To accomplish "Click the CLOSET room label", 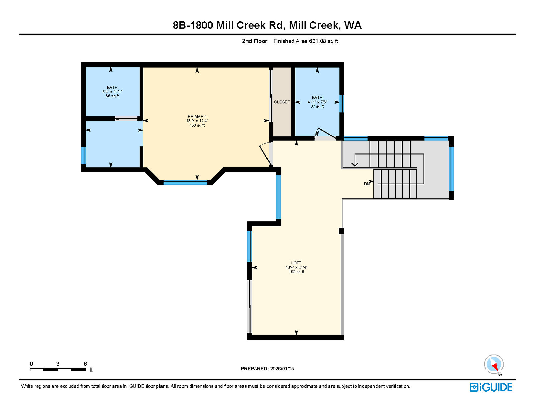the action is click(282, 102).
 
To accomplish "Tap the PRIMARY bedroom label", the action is click(197, 116).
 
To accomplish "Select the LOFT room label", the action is click(296, 263).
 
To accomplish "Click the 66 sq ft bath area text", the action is click(112, 96).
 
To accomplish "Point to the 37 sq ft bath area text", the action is click(317, 106).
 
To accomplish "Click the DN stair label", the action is click(367, 184).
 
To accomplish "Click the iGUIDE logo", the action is click(491, 387).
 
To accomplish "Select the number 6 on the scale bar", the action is click(85, 364).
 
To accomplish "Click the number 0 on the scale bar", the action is click(31, 364).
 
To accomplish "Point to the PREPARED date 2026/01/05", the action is click(282, 369).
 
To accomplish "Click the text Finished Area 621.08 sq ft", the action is click(306, 41).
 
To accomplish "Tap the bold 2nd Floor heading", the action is click(254, 41).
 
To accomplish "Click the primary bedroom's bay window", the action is click(185, 182).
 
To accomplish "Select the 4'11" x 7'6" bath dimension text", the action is click(317, 102).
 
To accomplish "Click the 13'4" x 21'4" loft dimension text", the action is click(296, 267).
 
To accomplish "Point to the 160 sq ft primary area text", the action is click(197, 125).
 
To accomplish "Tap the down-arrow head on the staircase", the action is click(355, 164).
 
